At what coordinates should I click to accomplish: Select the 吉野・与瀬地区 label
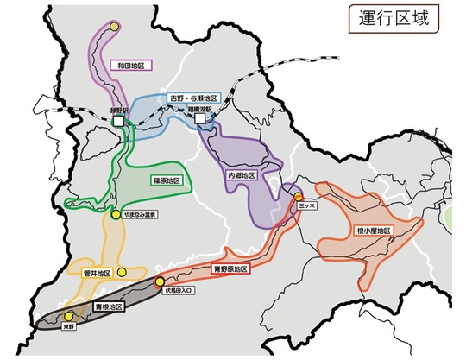(194, 98)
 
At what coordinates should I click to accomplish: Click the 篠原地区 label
(165, 181)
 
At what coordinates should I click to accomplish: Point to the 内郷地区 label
(242, 175)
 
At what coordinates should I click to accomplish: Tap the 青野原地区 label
(230, 269)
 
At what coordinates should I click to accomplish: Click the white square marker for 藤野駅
(118, 124)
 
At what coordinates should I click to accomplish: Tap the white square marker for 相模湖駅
(201, 122)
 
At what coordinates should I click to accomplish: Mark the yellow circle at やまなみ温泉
(115, 213)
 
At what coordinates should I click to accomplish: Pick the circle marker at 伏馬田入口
(159, 282)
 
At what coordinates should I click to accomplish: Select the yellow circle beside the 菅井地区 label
(122, 270)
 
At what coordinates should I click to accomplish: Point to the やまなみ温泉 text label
(140, 214)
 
